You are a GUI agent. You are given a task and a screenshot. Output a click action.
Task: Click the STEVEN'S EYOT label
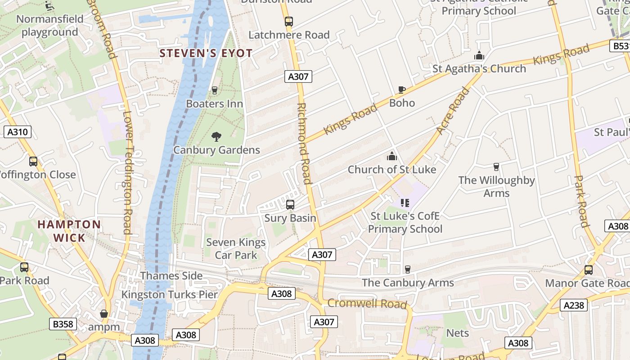pos(206,53)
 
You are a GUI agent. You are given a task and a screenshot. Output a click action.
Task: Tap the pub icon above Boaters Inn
pos(215,90)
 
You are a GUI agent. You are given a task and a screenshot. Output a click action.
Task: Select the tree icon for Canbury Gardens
pos(216,136)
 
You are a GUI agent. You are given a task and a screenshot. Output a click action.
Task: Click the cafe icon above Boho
pos(402,90)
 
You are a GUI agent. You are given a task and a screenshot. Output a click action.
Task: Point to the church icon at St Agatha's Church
pos(479,56)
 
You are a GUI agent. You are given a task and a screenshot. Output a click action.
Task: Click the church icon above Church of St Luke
pos(392,156)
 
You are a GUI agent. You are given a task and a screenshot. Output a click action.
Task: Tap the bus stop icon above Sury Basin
pos(290,205)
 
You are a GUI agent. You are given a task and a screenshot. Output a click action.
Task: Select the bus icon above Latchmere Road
pos(289,21)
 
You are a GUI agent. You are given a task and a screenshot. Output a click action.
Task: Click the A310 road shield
pos(18,132)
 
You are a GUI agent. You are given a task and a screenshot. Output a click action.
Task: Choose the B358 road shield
pos(63,324)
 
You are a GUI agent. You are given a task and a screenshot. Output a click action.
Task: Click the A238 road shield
pos(574,305)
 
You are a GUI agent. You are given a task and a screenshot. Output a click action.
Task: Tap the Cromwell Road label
pos(367,303)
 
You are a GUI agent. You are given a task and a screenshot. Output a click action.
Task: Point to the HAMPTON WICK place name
pos(69,231)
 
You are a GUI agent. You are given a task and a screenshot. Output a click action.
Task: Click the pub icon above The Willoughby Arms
pos(496,167)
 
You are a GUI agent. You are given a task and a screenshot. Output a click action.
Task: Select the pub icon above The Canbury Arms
pos(408,269)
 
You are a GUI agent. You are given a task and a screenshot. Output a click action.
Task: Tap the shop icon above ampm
pos(104,314)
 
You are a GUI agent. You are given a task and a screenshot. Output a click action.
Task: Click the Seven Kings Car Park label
pos(236,249)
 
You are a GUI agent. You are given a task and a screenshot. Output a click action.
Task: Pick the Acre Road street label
pos(453,110)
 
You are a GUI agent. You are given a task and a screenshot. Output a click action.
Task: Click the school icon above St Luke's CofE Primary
pos(405,203)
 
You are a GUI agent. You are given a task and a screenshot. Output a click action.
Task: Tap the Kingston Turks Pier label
pos(170,295)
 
